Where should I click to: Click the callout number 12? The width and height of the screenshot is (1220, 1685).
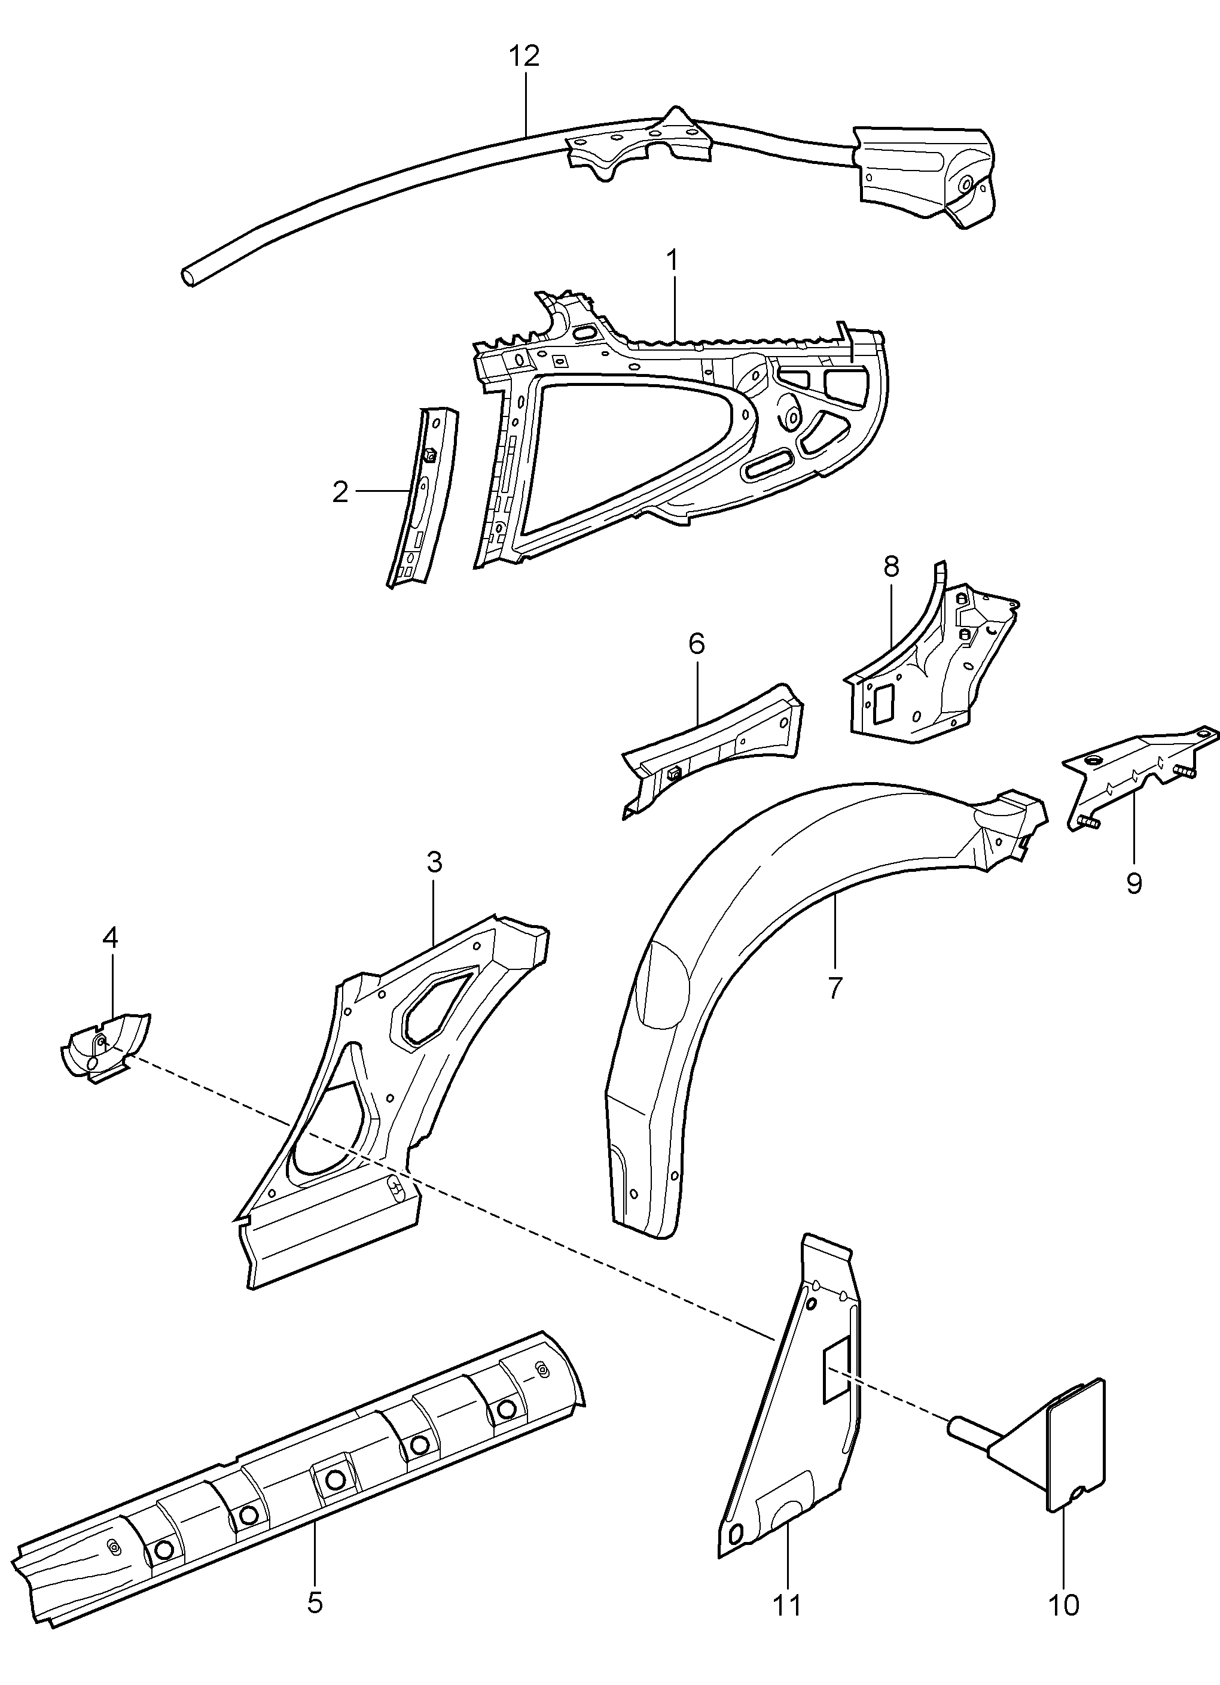524,56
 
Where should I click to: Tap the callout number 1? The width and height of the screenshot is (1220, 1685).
672,261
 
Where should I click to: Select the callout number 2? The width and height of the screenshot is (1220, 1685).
340,491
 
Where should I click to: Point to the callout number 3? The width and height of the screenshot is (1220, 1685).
434,862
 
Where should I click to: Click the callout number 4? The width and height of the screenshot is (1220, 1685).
110,938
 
